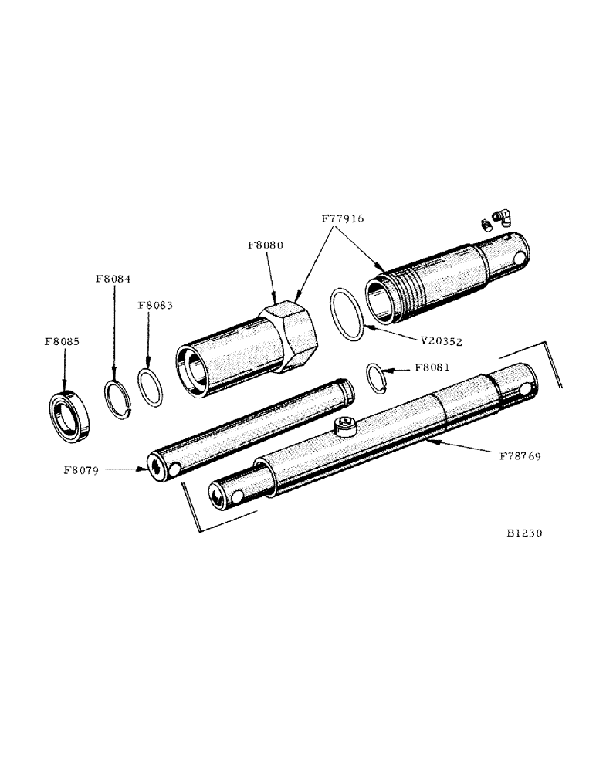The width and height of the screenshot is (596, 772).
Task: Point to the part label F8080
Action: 266,245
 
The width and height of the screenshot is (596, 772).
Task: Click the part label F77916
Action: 342,219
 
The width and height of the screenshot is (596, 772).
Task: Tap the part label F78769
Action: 515,457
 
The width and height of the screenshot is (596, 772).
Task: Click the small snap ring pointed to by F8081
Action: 375,379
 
